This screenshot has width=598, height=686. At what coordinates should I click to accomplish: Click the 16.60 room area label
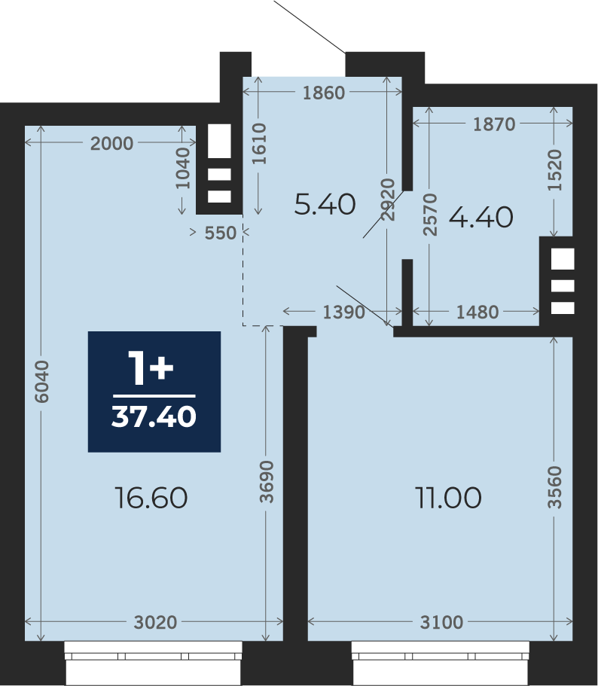[151, 498]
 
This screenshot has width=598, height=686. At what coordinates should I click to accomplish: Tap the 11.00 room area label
[448, 498]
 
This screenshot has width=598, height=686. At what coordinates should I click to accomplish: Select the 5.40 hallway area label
[325, 204]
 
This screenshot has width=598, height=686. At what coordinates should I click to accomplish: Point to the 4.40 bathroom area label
[481, 217]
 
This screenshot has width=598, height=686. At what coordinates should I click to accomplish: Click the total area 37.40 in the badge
[154, 416]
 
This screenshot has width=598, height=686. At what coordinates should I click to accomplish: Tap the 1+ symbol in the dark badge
[151, 368]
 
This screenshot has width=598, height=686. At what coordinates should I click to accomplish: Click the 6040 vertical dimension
[42, 382]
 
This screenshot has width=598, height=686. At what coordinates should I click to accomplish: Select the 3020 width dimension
[155, 622]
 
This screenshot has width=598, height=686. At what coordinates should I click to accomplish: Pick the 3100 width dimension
[441, 622]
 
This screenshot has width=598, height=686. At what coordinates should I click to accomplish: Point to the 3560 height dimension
[554, 487]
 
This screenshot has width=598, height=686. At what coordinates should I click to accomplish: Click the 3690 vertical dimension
[267, 481]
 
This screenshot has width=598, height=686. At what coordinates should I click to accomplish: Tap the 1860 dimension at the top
[324, 93]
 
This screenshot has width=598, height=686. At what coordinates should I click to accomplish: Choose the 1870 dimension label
[494, 125]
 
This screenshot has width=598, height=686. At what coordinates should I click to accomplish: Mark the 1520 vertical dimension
[554, 169]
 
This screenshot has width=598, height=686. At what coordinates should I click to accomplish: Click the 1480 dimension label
[477, 313]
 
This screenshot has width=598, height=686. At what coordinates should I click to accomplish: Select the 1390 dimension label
[343, 313]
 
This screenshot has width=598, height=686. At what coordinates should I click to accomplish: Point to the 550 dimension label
[221, 233]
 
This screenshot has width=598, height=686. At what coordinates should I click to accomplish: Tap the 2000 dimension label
[111, 144]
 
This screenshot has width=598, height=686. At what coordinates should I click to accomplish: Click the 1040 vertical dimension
[183, 168]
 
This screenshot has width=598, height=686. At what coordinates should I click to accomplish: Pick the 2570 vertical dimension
[430, 215]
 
